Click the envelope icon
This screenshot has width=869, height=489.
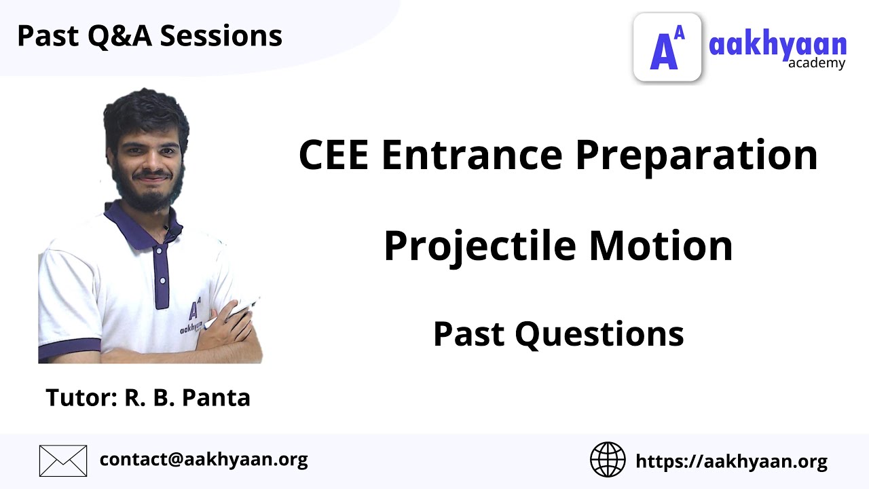[x=63, y=460]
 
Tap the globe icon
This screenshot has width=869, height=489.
[x=608, y=460]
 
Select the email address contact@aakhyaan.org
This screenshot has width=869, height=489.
[x=204, y=460]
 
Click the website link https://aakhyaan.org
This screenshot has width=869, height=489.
[x=731, y=462]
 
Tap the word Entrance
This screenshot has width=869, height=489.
[x=472, y=155]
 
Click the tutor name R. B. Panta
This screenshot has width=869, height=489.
[x=187, y=397]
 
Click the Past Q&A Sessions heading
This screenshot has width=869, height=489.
[x=149, y=35]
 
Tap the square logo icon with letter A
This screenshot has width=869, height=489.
[x=667, y=48]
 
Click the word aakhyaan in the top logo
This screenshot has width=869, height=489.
[x=777, y=45]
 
